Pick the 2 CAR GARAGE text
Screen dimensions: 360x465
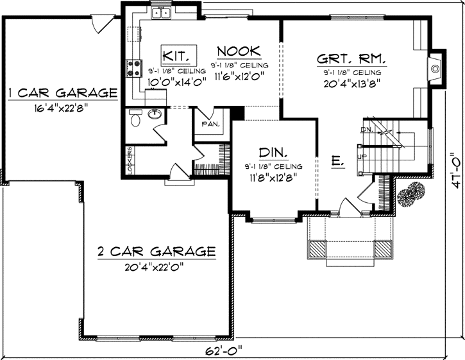click(x=156, y=250)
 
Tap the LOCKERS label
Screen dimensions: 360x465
click(x=130, y=160)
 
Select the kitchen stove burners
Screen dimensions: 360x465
click(x=135, y=67)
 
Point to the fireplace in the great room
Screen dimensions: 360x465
click(x=434, y=66)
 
